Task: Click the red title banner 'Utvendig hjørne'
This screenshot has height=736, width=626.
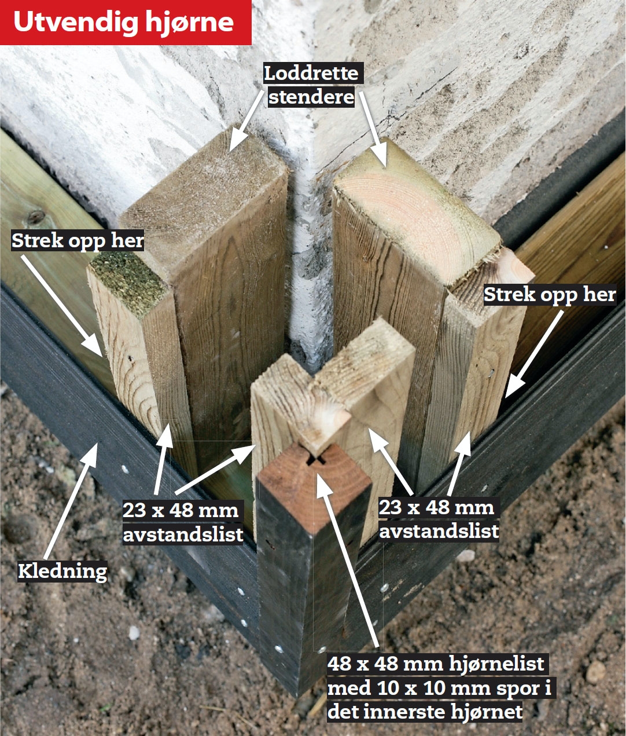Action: point(125,22)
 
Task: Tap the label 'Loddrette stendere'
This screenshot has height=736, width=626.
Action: point(312,85)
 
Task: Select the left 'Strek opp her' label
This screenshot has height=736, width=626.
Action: point(78,241)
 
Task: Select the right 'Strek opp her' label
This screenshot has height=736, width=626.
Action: point(550,295)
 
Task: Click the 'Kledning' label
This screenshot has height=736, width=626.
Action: point(62,571)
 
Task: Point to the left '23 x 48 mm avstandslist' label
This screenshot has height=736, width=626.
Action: point(183,522)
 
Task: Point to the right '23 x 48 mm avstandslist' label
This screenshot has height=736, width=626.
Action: point(439,519)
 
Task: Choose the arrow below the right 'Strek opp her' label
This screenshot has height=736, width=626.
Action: point(533,354)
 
